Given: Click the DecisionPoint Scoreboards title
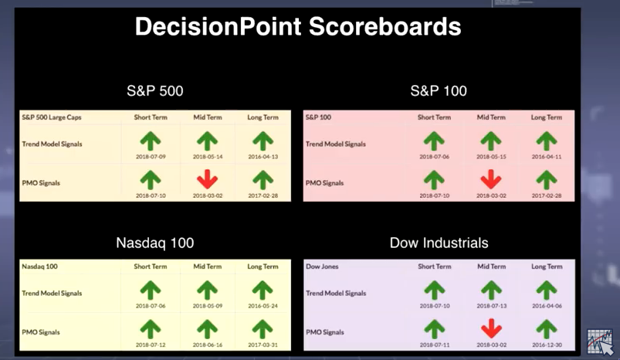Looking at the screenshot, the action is click(298, 26).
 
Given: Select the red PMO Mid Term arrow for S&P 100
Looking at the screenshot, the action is click(491, 179).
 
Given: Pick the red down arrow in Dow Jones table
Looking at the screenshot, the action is click(492, 329).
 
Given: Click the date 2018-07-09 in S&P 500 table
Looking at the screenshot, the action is click(151, 157).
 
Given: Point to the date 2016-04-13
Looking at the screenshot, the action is click(263, 157).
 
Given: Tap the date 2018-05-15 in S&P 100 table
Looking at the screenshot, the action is click(491, 157).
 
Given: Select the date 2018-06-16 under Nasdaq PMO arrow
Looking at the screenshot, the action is click(208, 345).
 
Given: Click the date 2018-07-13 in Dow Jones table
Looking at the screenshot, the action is click(492, 306).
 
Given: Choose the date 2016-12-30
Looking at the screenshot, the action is click(547, 345).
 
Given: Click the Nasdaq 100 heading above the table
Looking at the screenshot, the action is click(155, 243).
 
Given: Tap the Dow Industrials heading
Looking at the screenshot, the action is click(439, 243).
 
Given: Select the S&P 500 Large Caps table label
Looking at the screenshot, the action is click(52, 117).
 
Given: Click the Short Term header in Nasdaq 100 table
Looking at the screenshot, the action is click(151, 267).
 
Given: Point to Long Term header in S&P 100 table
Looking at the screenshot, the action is click(547, 117).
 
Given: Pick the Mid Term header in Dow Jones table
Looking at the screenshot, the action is click(492, 267).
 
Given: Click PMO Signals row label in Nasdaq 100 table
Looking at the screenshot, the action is click(41, 332).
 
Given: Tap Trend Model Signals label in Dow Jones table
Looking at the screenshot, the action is click(336, 294).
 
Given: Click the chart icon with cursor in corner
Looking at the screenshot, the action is click(600, 341).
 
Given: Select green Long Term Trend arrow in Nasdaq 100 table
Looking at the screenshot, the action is click(263, 290).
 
